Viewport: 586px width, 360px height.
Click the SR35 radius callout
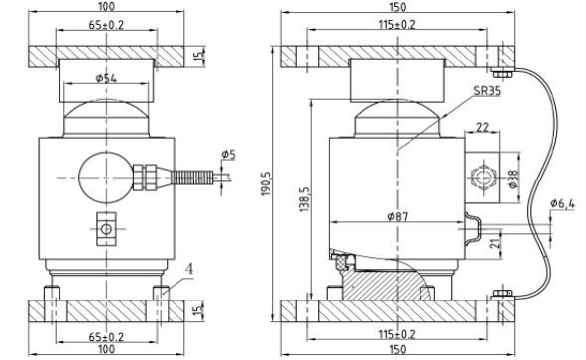point(487,91)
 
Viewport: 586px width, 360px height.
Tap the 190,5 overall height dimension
point(266,183)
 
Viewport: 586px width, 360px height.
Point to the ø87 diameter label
point(398,216)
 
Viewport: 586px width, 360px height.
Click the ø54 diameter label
point(106,78)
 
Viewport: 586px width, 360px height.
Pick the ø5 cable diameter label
point(228,154)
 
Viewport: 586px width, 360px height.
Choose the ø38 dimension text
point(514,180)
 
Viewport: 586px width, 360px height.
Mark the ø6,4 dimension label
point(562,203)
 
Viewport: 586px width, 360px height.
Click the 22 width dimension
point(482,128)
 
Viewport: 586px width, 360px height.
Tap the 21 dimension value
point(495,243)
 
